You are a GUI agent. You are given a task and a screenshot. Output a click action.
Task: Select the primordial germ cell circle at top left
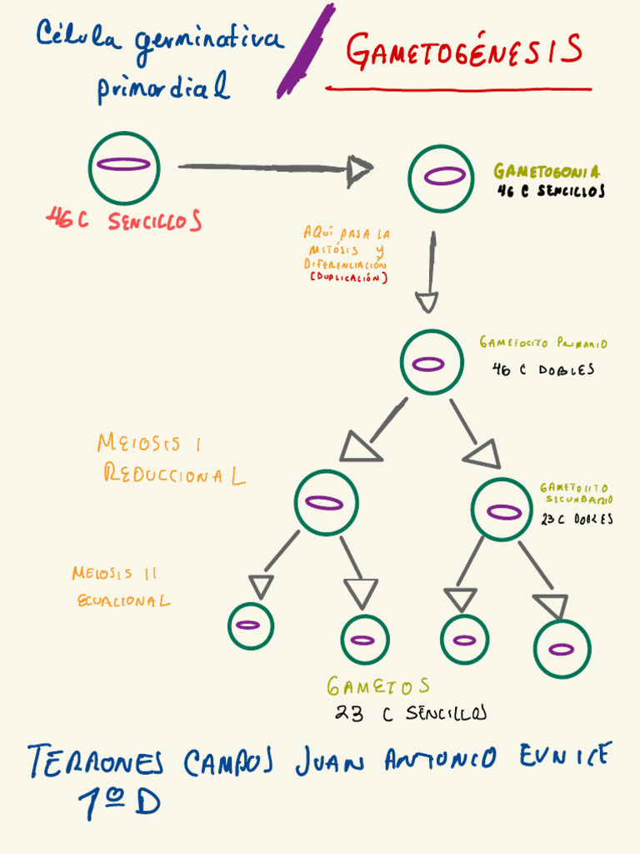[x=123, y=167]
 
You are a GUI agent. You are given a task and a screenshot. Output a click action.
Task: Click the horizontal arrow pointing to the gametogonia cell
[x=275, y=168]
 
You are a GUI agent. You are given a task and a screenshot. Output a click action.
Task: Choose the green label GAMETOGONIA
[x=546, y=172]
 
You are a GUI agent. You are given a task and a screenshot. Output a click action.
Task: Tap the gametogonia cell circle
[x=441, y=178]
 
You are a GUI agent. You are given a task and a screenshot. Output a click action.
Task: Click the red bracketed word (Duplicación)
[x=348, y=278]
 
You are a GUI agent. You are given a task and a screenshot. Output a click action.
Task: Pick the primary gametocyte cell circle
[x=431, y=363]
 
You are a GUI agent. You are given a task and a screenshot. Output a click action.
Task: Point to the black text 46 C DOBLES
[x=543, y=369]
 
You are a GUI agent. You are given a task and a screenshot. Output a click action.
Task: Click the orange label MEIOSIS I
[x=149, y=443]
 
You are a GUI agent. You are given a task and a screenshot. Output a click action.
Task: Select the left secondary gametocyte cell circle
[x=326, y=502]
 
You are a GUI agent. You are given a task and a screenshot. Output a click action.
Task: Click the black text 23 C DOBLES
[x=577, y=519]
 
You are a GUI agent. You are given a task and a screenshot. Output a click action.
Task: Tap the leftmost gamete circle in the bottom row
[x=250, y=625]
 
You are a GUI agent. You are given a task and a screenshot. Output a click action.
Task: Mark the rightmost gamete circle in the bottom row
[x=562, y=648]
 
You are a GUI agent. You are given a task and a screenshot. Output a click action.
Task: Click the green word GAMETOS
[x=378, y=686]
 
